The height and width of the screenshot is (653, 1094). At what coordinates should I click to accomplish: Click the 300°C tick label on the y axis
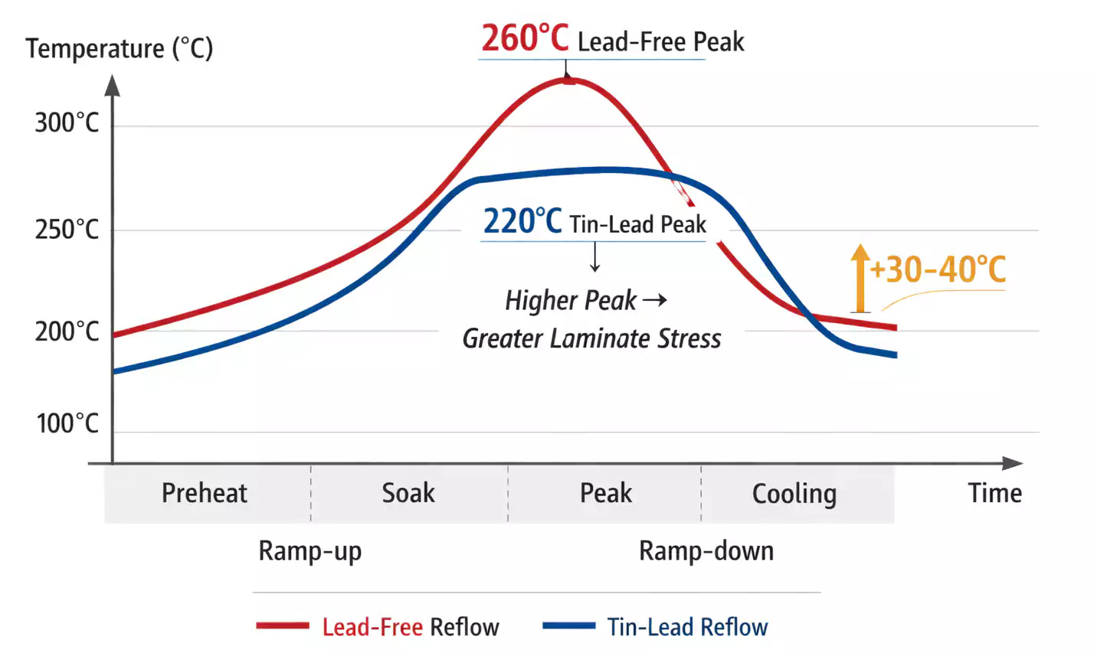click(x=67, y=122)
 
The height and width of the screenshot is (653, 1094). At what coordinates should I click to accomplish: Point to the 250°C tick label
click(x=67, y=229)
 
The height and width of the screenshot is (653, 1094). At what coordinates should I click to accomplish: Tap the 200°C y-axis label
click(x=67, y=331)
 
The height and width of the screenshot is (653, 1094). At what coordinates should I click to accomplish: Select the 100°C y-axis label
click(x=67, y=423)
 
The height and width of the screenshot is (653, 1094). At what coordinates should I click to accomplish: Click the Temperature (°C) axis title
click(x=120, y=48)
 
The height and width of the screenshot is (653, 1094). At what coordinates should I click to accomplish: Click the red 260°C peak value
click(x=525, y=38)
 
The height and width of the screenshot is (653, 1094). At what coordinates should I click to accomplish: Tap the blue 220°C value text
click(x=522, y=222)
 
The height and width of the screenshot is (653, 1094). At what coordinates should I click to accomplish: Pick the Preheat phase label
click(x=205, y=493)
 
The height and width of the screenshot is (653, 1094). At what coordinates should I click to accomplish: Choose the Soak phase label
click(x=408, y=493)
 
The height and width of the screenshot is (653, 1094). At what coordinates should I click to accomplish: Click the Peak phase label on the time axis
click(x=605, y=493)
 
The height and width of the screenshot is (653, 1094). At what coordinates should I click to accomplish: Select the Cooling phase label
click(x=794, y=494)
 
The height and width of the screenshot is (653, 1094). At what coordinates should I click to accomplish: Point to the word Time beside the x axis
click(x=994, y=493)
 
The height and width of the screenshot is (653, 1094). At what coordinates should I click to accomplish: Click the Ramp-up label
click(x=310, y=551)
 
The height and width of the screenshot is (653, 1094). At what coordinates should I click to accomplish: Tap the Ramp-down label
click(x=706, y=551)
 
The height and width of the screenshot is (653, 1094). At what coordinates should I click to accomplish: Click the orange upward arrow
click(x=860, y=278)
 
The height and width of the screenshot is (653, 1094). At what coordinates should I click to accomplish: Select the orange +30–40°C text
click(x=938, y=269)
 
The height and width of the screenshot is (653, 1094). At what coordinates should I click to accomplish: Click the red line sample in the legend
click(x=283, y=626)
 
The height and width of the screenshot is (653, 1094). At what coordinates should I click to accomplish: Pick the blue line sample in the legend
click(x=568, y=626)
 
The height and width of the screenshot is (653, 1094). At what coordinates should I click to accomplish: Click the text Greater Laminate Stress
click(x=591, y=338)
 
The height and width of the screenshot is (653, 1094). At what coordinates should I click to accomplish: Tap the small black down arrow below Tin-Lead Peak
click(x=594, y=258)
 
